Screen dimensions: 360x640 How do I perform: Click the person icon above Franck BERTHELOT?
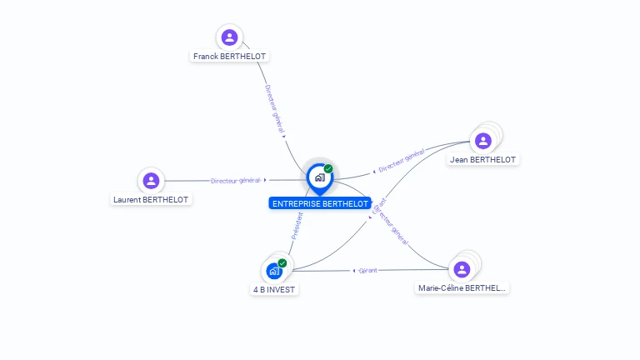pyautogui.click(x=229, y=37)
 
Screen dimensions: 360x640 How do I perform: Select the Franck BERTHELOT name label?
pyautogui.click(x=230, y=57)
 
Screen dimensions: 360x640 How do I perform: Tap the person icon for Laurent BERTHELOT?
pyautogui.click(x=151, y=180)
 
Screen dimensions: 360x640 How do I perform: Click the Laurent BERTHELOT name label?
pyautogui.click(x=152, y=200)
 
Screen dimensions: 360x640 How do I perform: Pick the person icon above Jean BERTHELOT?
pyautogui.click(x=482, y=140)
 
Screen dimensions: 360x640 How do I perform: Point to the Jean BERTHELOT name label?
pyautogui.click(x=482, y=159)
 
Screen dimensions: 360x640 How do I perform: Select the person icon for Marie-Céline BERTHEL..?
pyautogui.click(x=462, y=269)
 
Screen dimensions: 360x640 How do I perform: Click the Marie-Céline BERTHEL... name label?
pyautogui.click(x=462, y=288)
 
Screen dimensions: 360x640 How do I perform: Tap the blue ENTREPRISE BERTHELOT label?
pyautogui.click(x=320, y=203)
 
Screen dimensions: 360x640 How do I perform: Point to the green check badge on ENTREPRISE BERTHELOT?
pyautogui.click(x=328, y=169)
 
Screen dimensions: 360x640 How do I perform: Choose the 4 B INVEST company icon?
pyautogui.click(x=273, y=271)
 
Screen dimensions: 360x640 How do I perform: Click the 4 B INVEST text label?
pyautogui.click(x=274, y=290)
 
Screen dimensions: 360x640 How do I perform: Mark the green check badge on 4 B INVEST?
pyautogui.click(x=282, y=263)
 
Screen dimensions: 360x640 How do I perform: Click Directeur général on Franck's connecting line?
pyautogui.click(x=274, y=109)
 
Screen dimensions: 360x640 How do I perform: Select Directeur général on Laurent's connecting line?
pyautogui.click(x=236, y=180)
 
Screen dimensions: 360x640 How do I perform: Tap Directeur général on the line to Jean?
pyautogui.click(x=402, y=161)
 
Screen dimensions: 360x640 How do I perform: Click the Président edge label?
pyautogui.click(x=297, y=226)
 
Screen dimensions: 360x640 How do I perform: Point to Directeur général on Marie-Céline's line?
pyautogui.click(x=392, y=226)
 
